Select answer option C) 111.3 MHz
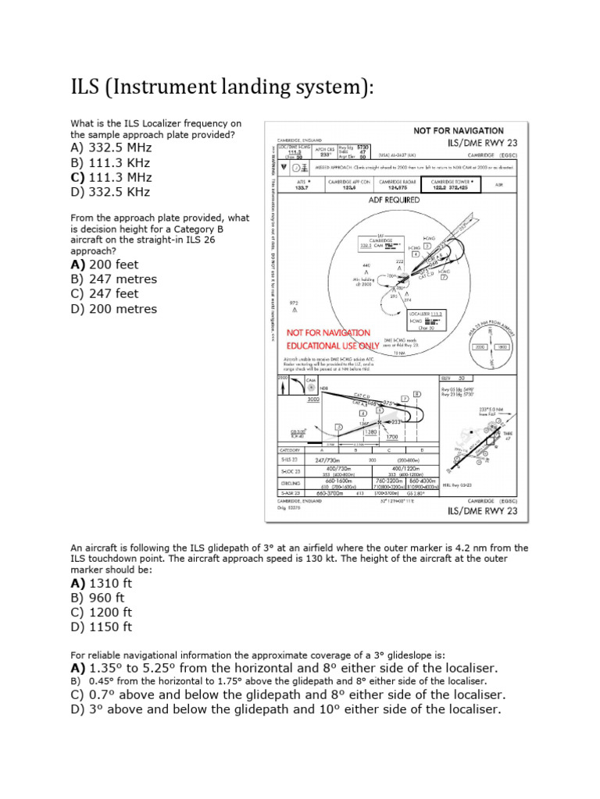pyautogui.click(x=110, y=177)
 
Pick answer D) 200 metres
pyautogui.click(x=113, y=308)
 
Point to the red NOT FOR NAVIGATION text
pyautogui.click(x=329, y=332)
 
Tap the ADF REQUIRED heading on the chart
pyautogui.click(x=395, y=199)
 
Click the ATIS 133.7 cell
pyautogui.click(x=301, y=184)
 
